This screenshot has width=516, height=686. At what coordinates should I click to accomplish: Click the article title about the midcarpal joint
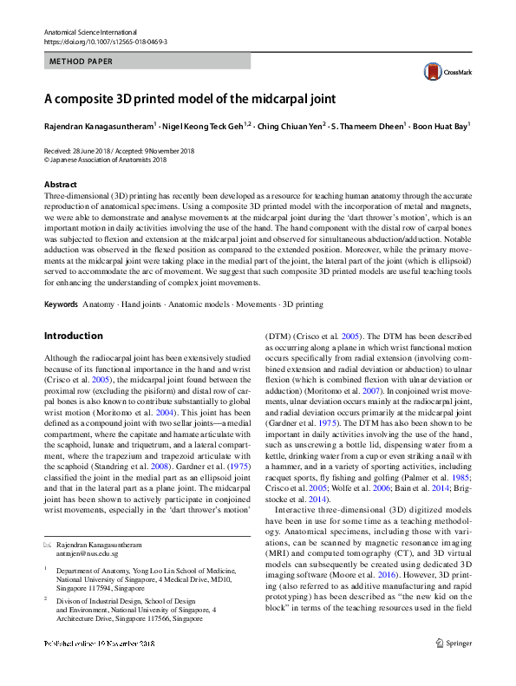(189, 99)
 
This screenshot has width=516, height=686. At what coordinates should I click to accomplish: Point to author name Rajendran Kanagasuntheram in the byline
(98, 127)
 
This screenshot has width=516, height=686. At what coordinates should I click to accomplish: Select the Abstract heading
(60, 185)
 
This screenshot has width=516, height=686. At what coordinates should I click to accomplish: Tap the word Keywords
(61, 305)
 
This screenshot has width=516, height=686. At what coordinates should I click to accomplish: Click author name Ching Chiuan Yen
(291, 127)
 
